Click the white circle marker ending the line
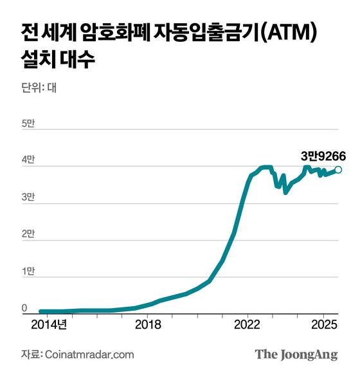(x=338, y=170)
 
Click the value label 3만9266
(x=323, y=155)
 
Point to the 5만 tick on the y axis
(x=30, y=122)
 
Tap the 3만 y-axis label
(x=30, y=197)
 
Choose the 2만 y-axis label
(x=30, y=234)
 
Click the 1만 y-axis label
(x=30, y=271)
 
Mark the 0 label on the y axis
(x=25, y=309)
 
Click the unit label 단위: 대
(x=39, y=88)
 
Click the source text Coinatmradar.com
(x=89, y=354)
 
